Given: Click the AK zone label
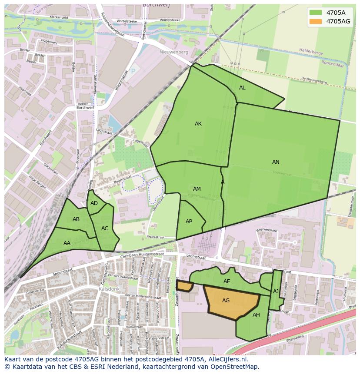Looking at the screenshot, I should tap(198, 124).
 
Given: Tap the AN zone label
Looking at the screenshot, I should tap(276, 162).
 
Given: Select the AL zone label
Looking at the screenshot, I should tap(242, 88).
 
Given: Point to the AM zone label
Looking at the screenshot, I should tap(197, 189).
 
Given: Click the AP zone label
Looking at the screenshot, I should tap(189, 222).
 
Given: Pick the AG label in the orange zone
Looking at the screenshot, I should tap(226, 301).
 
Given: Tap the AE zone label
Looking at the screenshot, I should tap(227, 281).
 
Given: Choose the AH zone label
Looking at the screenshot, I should tap(256, 315).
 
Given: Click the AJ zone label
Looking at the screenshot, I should tap(276, 291).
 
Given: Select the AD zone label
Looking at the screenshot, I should tap(94, 203).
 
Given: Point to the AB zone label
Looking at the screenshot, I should tap(76, 219).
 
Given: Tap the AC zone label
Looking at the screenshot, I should tap(105, 228).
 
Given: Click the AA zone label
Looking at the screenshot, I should tap(67, 243).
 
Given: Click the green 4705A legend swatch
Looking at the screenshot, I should tap(316, 13).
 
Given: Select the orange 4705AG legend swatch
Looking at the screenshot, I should tap(316, 21).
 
